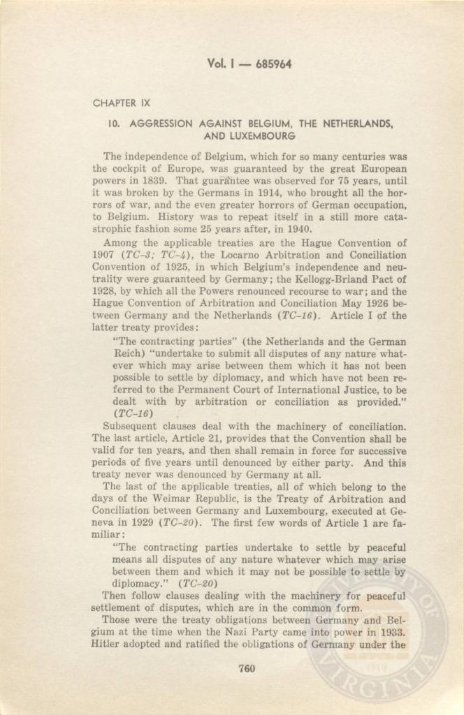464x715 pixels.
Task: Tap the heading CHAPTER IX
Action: click(122, 103)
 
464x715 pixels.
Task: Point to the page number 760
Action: click(246, 668)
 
